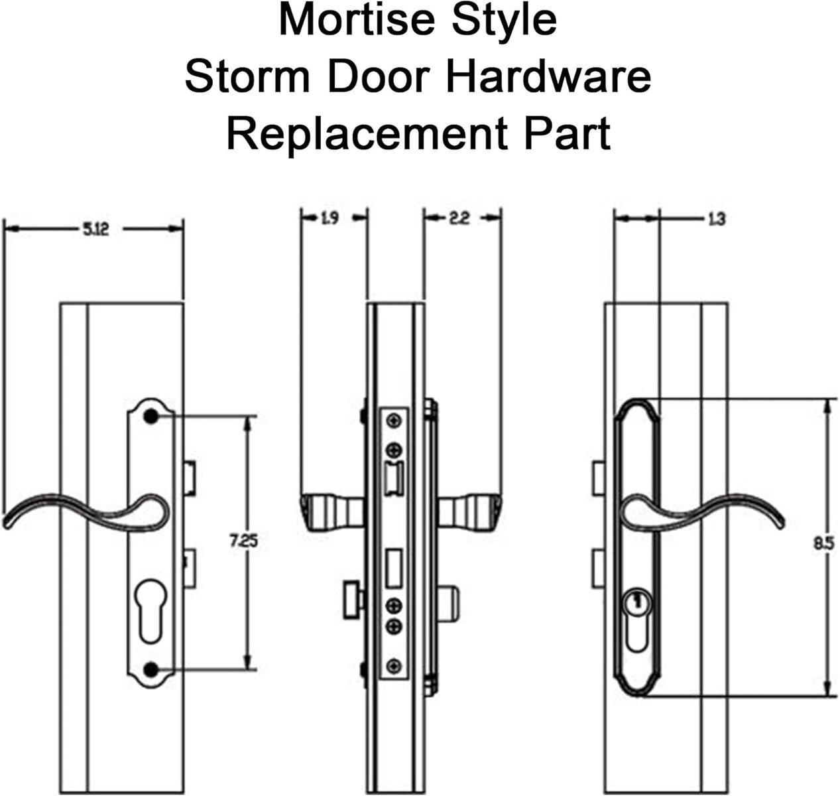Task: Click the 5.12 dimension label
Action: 95,230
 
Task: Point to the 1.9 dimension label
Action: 330,218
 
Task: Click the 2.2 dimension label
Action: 459,218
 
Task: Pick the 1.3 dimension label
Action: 716,218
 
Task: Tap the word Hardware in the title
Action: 548,77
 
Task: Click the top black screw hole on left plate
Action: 151,417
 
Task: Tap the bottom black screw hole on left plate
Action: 151,669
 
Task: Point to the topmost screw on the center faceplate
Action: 394,420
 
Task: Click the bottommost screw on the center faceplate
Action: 394,665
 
